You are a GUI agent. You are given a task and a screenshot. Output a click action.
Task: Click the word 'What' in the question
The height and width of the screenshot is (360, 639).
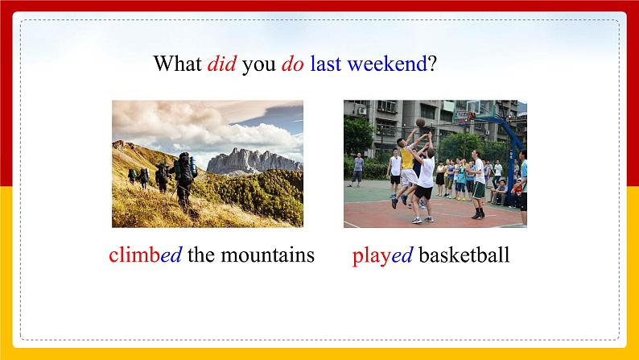tap(177, 64)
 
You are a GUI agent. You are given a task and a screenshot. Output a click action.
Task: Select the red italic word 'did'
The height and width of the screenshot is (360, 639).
tap(221, 64)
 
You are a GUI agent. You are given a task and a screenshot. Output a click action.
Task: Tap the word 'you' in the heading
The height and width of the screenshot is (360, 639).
tap(258, 64)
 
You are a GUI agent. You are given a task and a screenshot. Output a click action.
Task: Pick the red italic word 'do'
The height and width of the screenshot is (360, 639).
tap(292, 64)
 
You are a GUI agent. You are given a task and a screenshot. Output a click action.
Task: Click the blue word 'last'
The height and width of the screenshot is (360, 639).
tap(325, 64)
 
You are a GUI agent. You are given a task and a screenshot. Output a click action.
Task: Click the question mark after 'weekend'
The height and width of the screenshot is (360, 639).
tap(432, 64)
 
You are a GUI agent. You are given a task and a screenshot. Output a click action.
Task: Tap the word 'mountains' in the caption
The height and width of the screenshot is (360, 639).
tap(266, 255)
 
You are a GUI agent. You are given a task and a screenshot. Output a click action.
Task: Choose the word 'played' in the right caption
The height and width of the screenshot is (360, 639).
tap(382, 255)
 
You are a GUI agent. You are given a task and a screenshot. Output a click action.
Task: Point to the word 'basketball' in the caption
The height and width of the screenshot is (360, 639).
tap(464, 255)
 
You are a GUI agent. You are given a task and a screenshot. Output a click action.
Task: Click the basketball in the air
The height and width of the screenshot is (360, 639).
tap(419, 122)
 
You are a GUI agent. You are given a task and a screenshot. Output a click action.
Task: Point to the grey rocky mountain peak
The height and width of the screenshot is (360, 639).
tap(254, 161)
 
